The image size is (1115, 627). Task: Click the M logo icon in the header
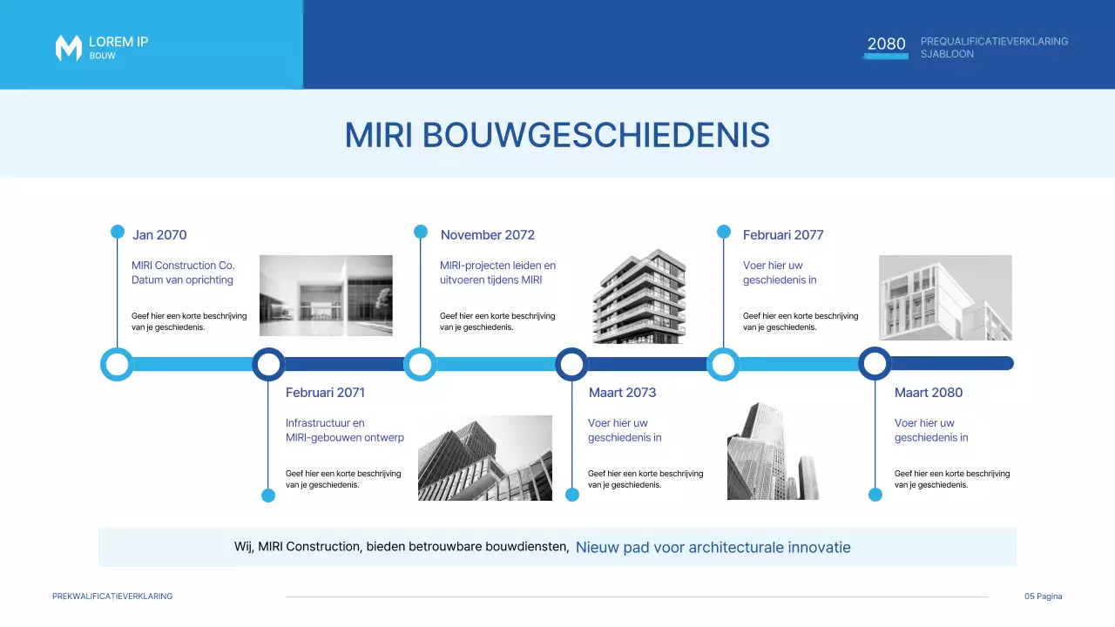click(68, 48)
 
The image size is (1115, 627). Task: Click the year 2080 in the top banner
click(886, 44)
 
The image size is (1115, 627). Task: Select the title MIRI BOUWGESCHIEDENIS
click(557, 135)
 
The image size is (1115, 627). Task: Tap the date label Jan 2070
click(159, 235)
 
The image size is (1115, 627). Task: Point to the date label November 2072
click(487, 235)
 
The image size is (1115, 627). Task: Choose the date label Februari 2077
click(782, 235)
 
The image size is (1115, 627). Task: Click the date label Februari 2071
click(325, 393)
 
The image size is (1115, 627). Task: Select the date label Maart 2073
click(622, 393)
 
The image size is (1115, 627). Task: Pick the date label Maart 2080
click(928, 393)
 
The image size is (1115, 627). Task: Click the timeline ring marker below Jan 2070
click(117, 364)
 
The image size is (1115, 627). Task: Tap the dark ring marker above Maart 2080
click(875, 364)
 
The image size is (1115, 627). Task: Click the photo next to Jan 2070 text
click(326, 295)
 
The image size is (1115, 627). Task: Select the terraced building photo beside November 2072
click(639, 297)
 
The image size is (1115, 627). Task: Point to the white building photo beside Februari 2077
click(945, 297)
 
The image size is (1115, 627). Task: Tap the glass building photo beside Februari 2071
click(484, 457)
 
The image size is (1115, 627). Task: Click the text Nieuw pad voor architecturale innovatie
click(713, 548)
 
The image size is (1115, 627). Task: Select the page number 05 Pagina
click(1043, 597)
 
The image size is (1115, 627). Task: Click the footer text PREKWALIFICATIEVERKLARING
click(112, 597)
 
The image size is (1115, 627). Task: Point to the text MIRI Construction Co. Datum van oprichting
click(183, 273)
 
